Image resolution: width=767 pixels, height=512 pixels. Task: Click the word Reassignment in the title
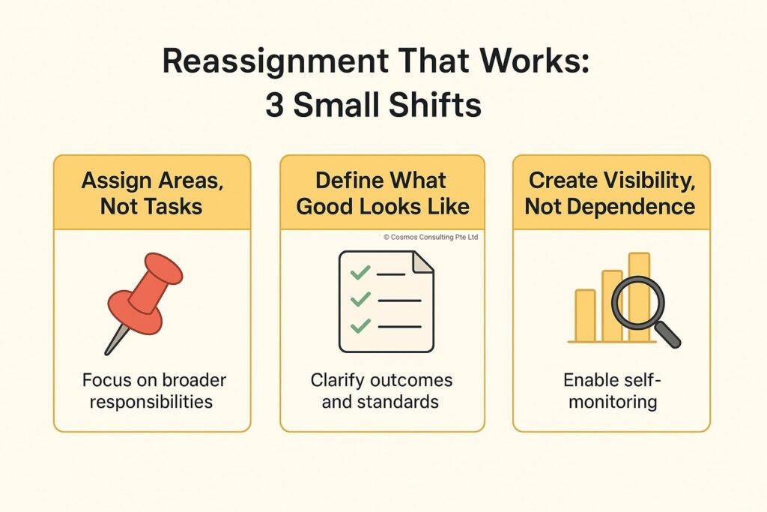pyautogui.click(x=275, y=61)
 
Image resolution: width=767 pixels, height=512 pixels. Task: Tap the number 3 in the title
pyautogui.click(x=274, y=105)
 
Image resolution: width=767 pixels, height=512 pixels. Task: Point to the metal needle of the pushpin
pyautogui.click(x=116, y=340)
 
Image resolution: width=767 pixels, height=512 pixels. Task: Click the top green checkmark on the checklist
pyautogui.click(x=360, y=272)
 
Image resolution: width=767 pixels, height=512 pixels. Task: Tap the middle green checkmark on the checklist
pyautogui.click(x=360, y=298)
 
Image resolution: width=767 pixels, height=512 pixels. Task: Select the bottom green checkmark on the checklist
pyautogui.click(x=360, y=325)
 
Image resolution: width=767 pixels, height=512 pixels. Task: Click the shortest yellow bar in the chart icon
pyautogui.click(x=585, y=316)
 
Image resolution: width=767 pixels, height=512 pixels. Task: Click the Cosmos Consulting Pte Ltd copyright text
pyautogui.click(x=431, y=237)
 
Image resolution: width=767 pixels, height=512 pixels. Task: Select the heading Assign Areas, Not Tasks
pyautogui.click(x=152, y=193)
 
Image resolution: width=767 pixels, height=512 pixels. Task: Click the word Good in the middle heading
pyautogui.click(x=325, y=206)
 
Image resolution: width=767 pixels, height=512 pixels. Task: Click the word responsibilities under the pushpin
pyautogui.click(x=151, y=403)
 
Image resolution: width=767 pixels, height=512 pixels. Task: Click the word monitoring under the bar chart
pyautogui.click(x=613, y=403)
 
